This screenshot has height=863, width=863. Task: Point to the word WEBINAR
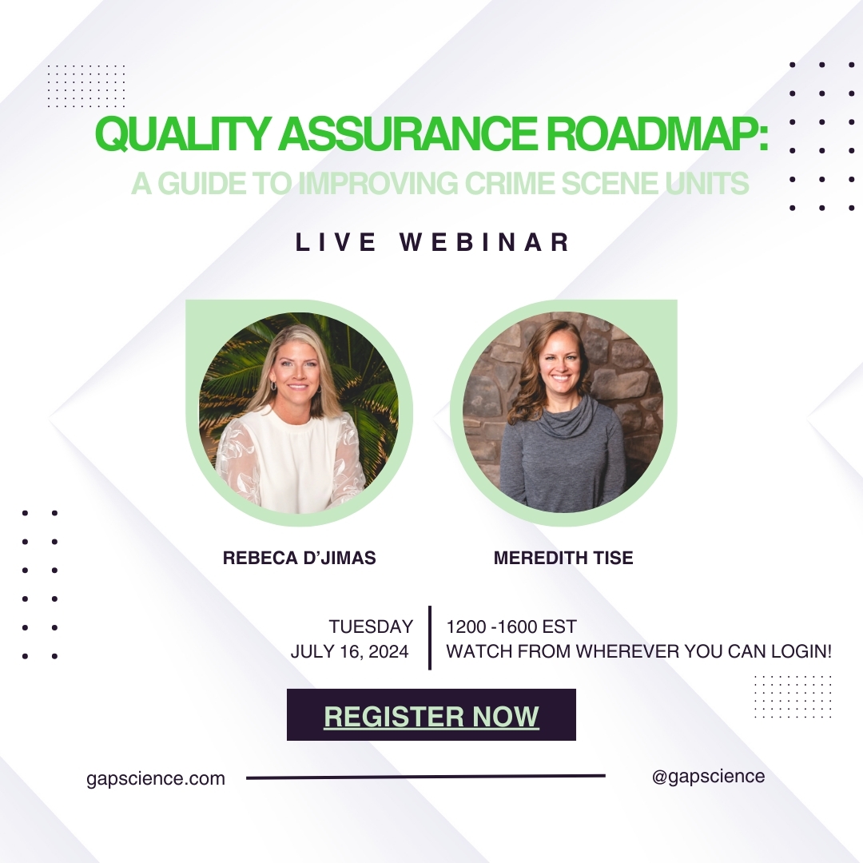tap(485, 242)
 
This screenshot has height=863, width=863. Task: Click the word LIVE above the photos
tap(335, 242)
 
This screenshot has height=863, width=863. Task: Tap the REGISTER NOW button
tap(431, 714)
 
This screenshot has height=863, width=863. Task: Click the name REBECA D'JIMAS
tap(300, 558)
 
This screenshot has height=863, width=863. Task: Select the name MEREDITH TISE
tap(563, 558)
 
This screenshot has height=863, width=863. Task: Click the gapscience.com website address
tap(156, 779)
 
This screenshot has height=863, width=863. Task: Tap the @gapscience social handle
tap(708, 776)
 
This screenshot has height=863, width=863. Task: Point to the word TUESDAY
tap(371, 626)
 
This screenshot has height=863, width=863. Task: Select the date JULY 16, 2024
tap(349, 652)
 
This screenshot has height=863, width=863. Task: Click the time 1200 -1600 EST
tap(511, 626)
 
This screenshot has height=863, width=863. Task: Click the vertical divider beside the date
tap(429, 638)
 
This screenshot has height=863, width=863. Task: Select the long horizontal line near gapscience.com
tap(425, 777)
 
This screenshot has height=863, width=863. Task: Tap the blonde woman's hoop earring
tap(273, 387)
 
